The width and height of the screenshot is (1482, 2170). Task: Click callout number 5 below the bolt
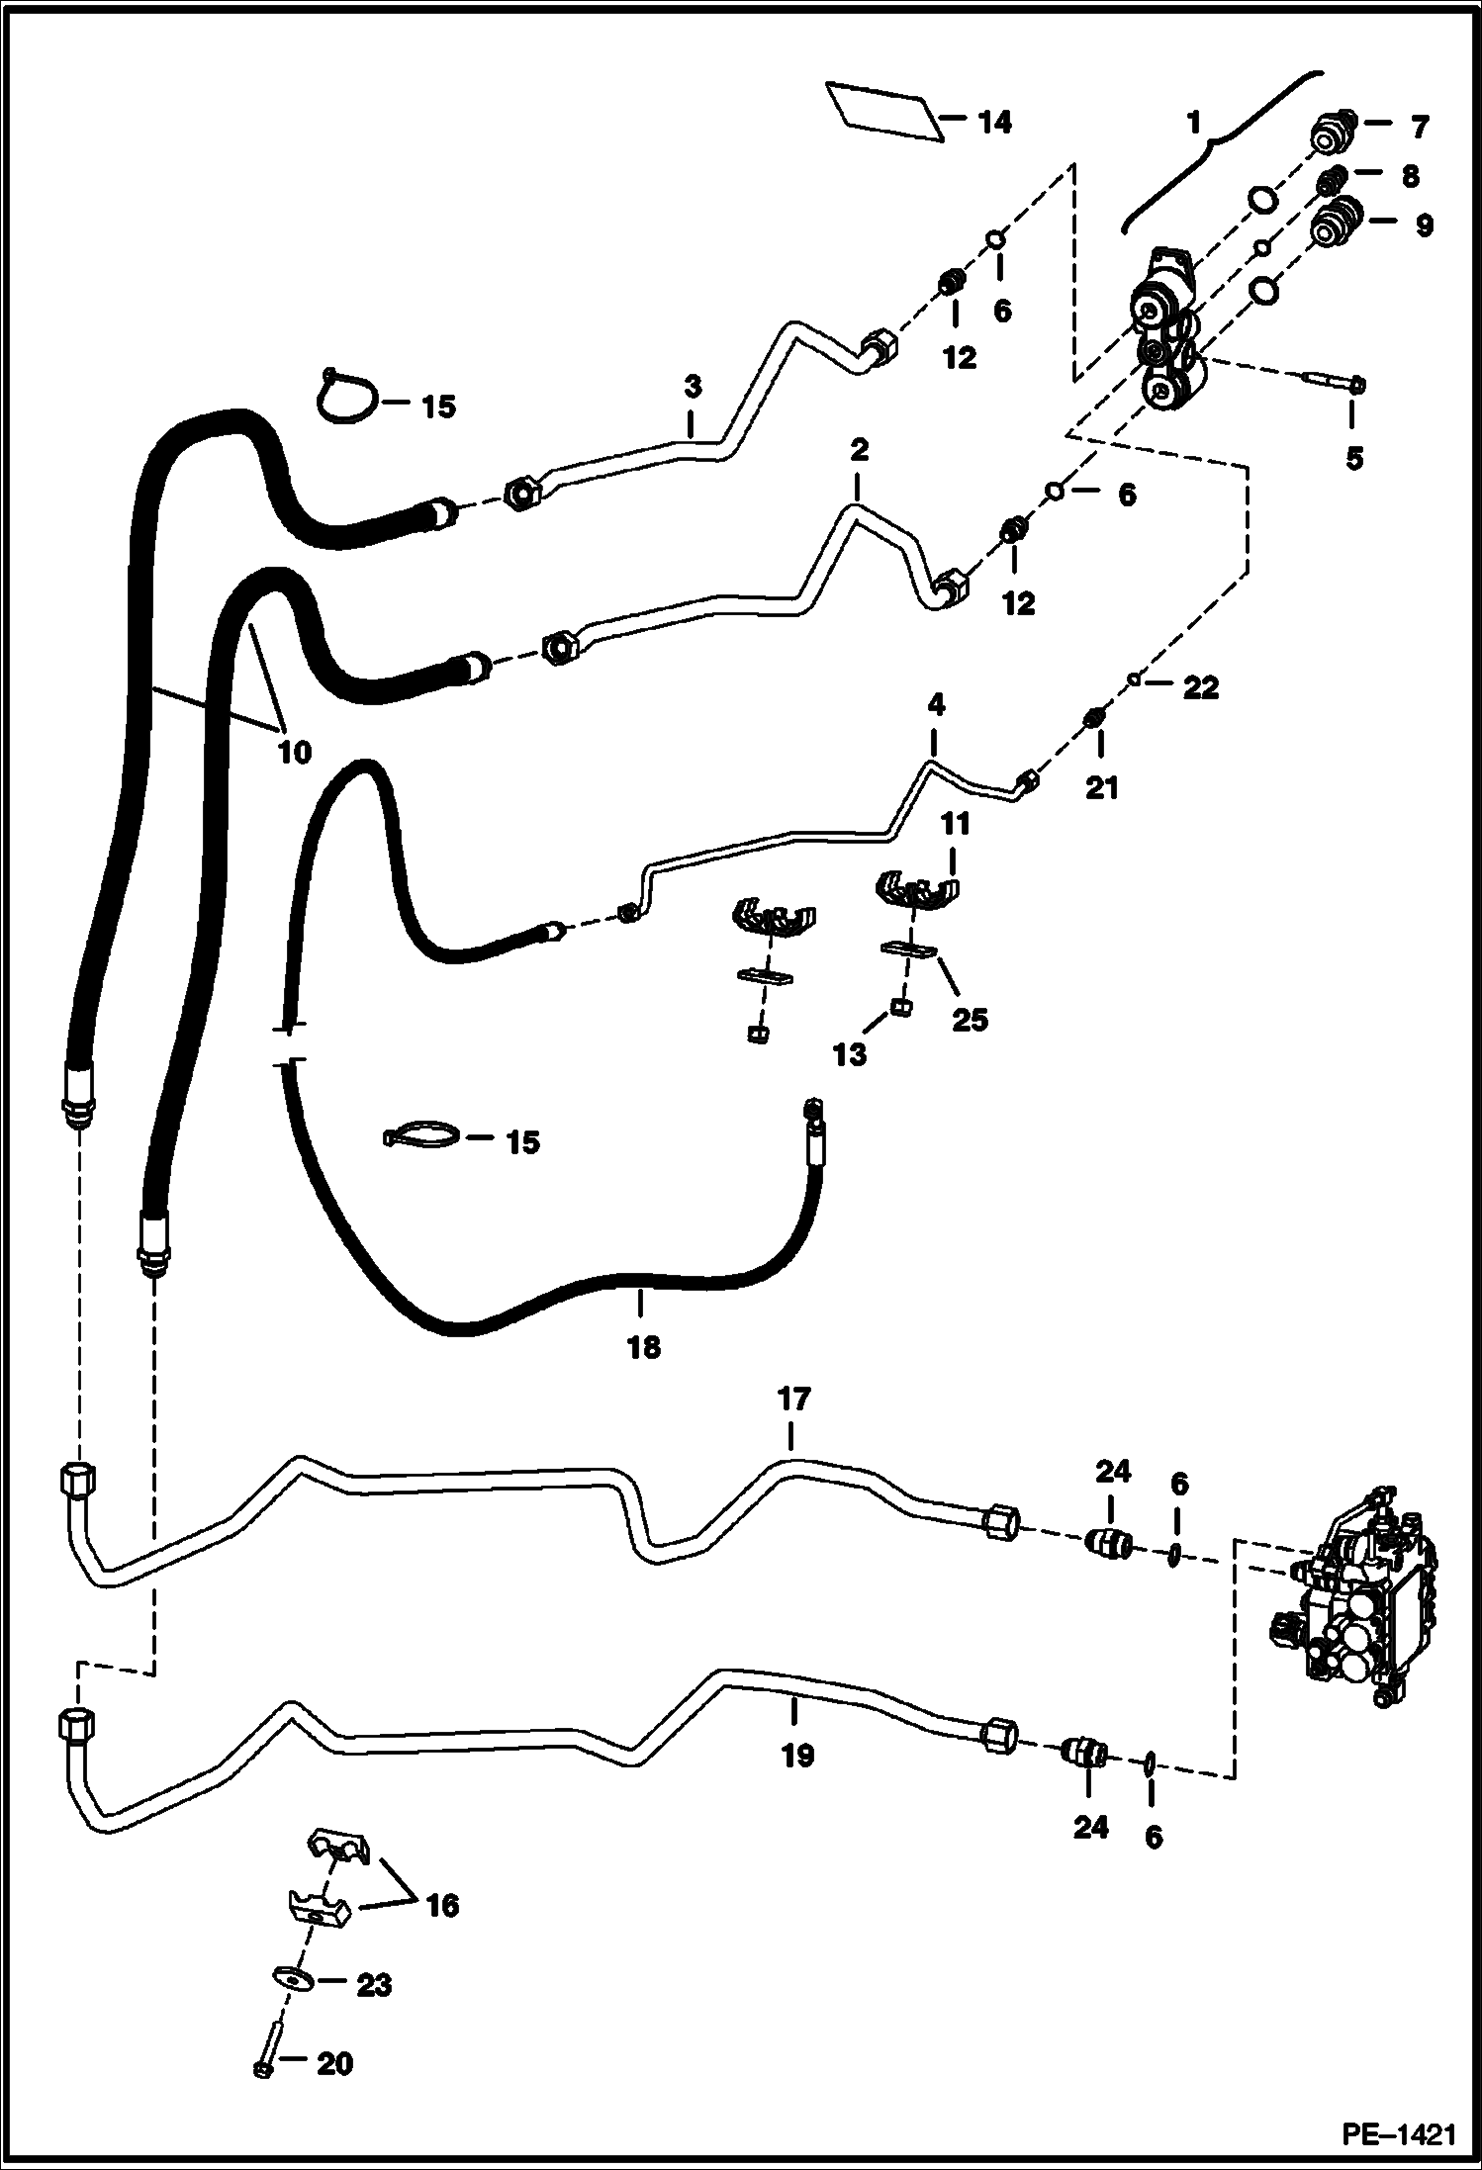point(1353,458)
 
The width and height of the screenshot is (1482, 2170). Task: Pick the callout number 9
point(1423,226)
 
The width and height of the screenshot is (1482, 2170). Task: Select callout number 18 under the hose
point(643,1347)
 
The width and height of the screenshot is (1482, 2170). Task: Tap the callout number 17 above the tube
point(793,1399)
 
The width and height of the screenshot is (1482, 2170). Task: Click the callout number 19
point(797,1756)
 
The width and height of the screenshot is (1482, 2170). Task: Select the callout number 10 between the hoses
point(294,752)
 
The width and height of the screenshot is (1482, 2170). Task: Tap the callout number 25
point(970,1019)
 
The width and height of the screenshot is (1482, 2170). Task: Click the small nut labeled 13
point(901,1008)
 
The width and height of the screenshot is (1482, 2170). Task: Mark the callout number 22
point(1200,687)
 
